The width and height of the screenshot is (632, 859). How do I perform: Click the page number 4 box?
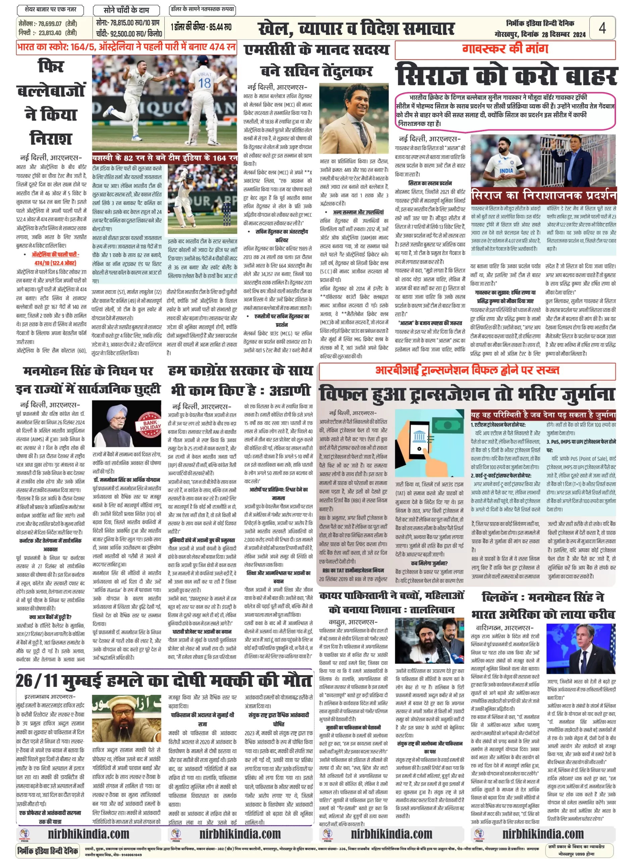(x=602, y=28)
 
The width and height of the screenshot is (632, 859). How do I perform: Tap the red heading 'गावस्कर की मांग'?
(x=505, y=49)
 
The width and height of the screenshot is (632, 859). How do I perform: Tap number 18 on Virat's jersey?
(x=204, y=83)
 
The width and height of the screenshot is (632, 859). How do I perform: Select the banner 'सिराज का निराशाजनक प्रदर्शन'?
(x=543, y=196)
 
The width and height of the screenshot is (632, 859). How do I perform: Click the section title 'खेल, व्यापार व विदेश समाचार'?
(x=356, y=28)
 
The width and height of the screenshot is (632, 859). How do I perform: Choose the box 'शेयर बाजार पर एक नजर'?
(x=50, y=9)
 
